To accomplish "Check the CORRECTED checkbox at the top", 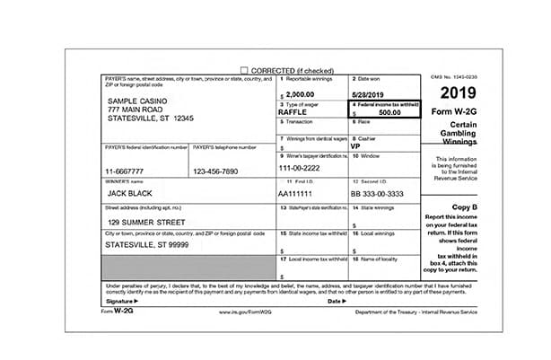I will [244, 70].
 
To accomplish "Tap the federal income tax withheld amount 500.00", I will [389, 113].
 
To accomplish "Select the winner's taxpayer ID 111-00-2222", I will [299, 168].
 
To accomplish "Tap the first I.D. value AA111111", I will [298, 193].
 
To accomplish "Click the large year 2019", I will [458, 92].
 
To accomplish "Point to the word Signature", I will [119, 301].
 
